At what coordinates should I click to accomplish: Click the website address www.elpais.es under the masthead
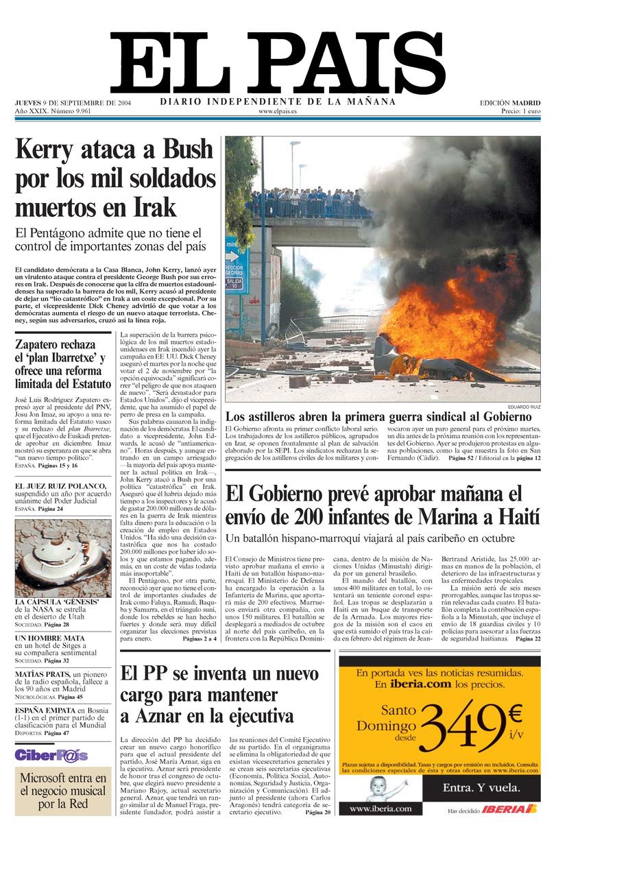278,111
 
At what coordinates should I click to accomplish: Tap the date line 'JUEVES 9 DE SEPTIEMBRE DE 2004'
73,103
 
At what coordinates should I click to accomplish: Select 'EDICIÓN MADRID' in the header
509,103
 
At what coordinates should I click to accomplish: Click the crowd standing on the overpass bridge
308,202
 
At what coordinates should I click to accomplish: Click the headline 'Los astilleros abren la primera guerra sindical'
378,416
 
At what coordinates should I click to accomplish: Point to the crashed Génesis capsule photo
62,558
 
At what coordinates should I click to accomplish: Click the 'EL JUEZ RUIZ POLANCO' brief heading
61,486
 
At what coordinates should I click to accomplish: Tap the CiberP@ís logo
51,755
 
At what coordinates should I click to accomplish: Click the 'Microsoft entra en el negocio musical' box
63,791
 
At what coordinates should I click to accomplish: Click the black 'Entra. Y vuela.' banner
481,787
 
